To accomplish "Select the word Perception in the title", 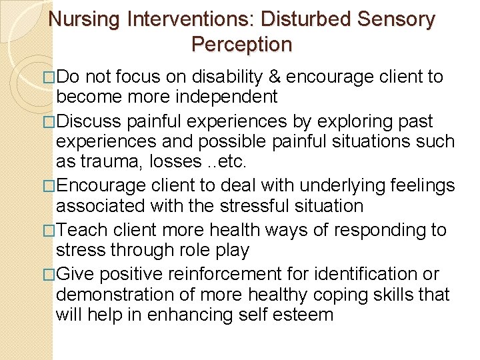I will point(241,44).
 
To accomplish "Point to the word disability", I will point(227,77).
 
